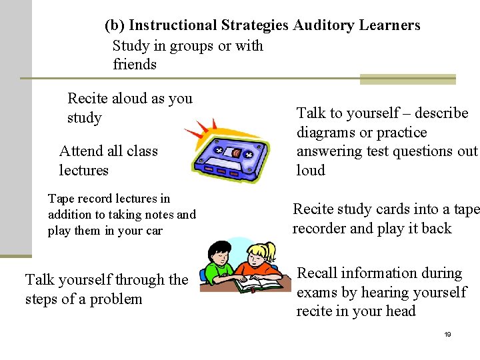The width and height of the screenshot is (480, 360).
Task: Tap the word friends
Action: click(x=135, y=65)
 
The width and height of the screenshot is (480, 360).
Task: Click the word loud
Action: click(x=311, y=171)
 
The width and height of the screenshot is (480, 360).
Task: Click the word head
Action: click(x=401, y=311)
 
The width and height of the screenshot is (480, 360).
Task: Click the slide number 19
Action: click(x=447, y=334)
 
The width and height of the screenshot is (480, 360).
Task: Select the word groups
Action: click(x=192, y=46)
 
